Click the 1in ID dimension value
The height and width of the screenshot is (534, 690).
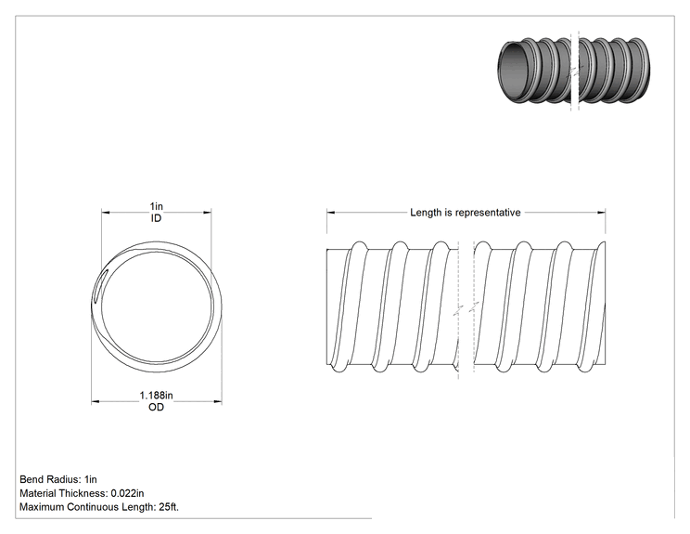(156, 206)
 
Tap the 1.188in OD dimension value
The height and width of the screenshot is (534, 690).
(156, 396)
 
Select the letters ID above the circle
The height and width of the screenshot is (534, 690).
(156, 218)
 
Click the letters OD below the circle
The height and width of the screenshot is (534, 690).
(156, 407)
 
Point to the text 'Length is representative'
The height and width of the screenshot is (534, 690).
(466, 213)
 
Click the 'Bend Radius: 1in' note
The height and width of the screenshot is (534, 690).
(58, 479)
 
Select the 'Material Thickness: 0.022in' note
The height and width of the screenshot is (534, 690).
(82, 493)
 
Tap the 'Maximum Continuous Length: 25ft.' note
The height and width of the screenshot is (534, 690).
(99, 507)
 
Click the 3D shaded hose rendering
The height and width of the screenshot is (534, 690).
(574, 71)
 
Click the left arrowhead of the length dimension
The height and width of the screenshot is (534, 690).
(330, 213)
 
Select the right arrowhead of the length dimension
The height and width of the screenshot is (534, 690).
(602, 213)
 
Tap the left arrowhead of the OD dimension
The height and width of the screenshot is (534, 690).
(95, 401)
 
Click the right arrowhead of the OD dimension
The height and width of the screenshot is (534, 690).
(218, 401)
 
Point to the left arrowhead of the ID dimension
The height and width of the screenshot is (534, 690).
(106, 213)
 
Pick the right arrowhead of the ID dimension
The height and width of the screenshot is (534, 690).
(207, 213)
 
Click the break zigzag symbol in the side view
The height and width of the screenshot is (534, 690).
(466, 309)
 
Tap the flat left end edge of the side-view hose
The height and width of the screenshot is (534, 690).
(327, 307)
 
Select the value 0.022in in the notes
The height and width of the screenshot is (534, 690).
(127, 493)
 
